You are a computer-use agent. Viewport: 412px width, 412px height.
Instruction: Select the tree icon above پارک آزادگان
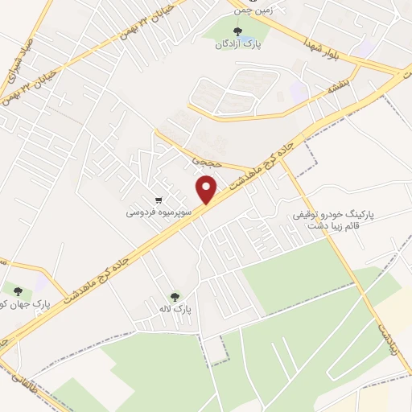click(236, 31)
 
